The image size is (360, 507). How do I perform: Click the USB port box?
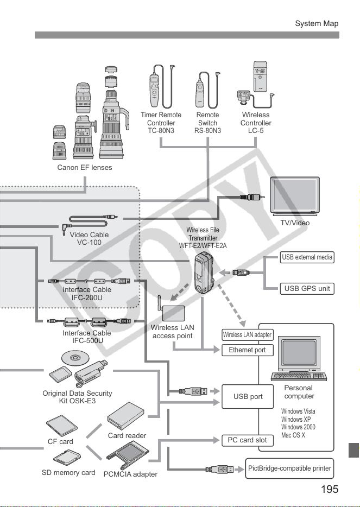click(248, 396)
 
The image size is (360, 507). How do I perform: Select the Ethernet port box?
click(248, 350)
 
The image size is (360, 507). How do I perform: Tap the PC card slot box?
click(248, 440)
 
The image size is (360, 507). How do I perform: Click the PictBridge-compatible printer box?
click(289, 468)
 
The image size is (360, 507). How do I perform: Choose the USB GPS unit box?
click(307, 288)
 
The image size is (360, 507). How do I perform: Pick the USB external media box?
click(307, 257)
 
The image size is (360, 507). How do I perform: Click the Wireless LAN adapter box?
click(248, 335)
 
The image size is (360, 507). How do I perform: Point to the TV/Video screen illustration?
click(295, 196)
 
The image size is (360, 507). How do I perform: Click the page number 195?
click(330, 489)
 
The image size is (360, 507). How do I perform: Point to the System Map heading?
click(317, 23)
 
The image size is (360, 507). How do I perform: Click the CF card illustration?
click(61, 426)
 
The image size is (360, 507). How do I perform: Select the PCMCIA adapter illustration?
click(128, 455)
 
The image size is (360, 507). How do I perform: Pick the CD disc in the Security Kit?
click(75, 358)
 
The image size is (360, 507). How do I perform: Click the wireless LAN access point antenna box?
click(172, 308)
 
